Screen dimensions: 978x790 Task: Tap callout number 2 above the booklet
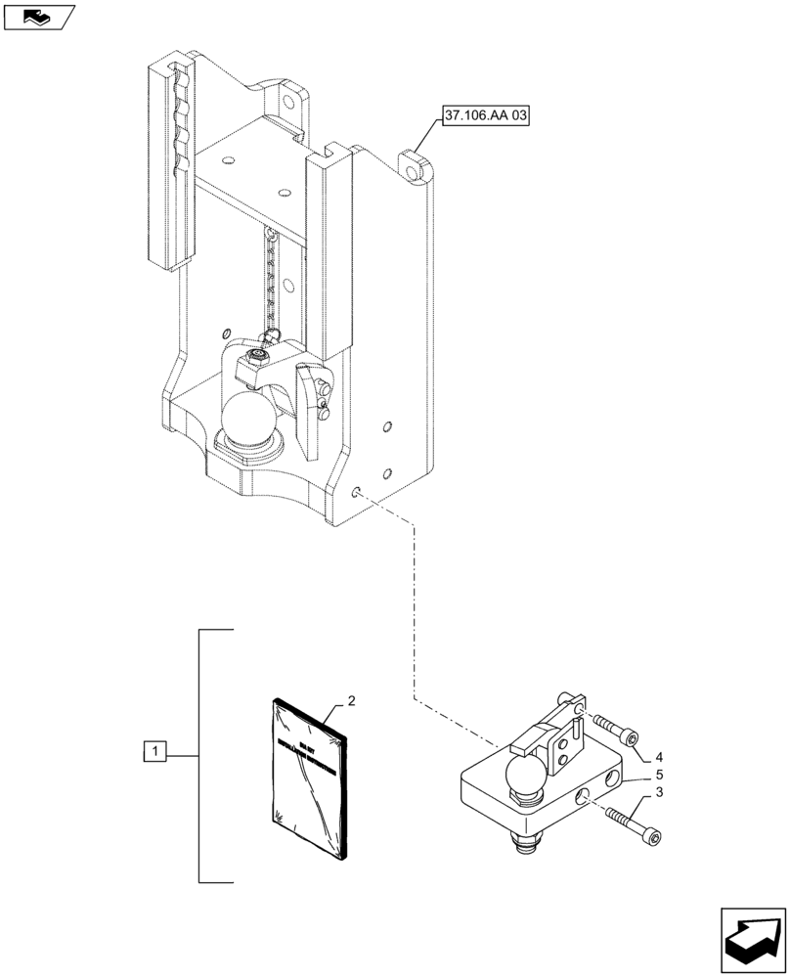point(351,701)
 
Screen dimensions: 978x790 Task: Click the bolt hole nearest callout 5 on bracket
point(613,777)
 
